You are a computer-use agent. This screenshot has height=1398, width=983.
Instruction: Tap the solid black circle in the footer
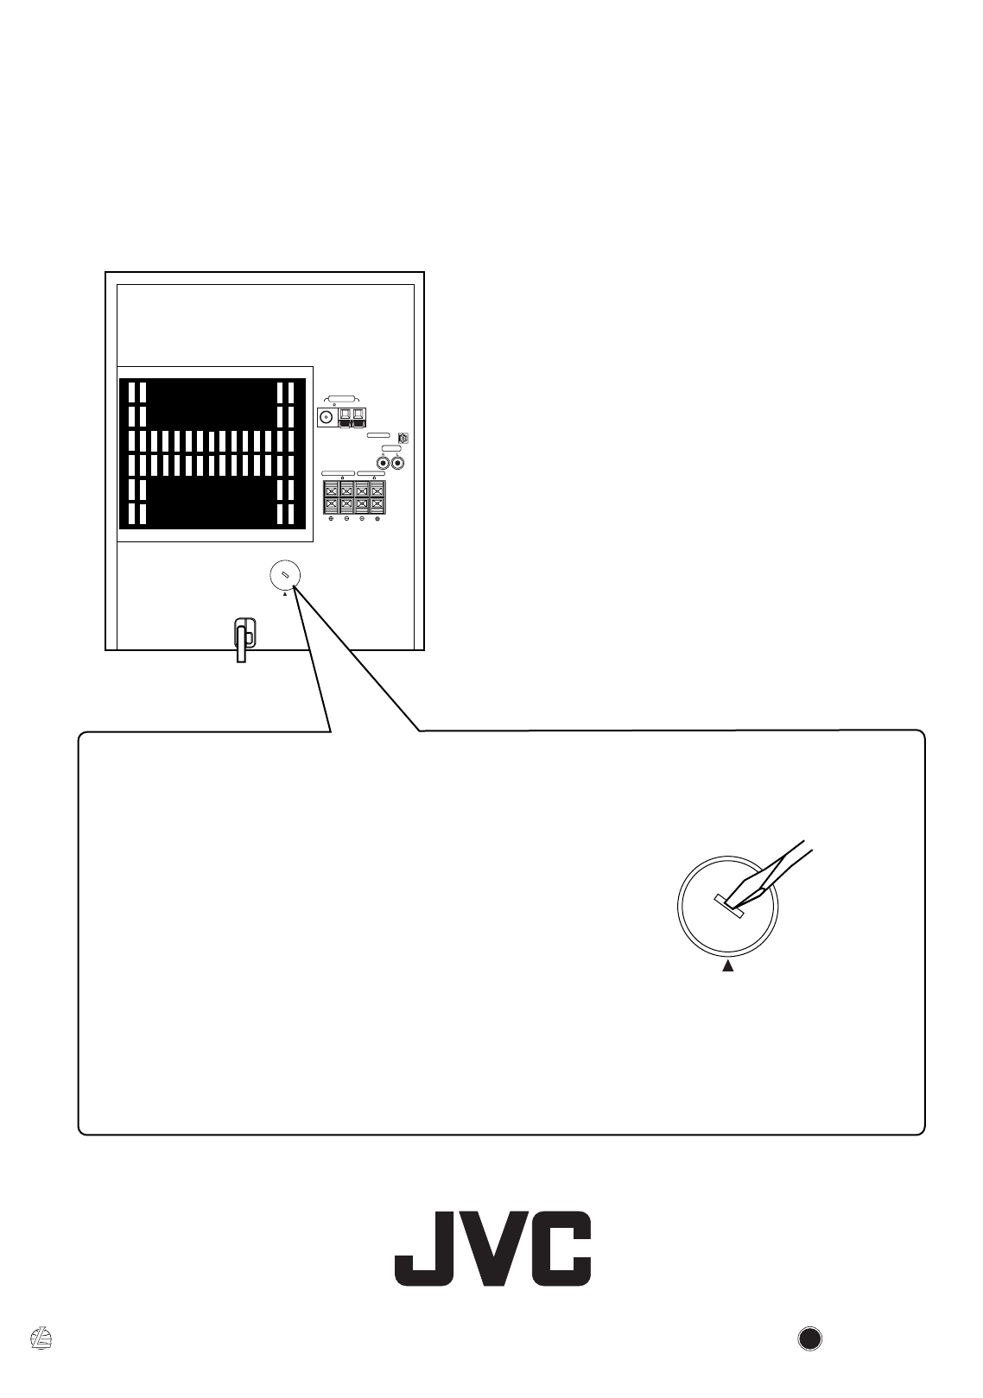point(809,1338)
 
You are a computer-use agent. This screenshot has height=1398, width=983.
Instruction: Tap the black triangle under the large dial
point(727,966)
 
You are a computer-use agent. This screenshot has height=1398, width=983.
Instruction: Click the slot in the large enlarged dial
point(730,905)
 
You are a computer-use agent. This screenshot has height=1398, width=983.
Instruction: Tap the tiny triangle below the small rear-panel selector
point(284,594)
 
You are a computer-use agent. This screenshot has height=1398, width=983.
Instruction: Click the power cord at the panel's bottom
point(244,640)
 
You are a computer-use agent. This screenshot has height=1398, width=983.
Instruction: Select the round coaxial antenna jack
point(327,418)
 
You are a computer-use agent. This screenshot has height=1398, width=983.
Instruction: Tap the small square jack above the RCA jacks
point(402,439)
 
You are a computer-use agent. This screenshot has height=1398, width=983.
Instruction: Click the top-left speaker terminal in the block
point(331,490)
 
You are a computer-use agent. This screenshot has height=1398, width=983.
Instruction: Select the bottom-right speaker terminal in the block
point(377,504)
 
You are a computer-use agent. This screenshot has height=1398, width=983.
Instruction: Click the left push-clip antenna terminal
point(345,418)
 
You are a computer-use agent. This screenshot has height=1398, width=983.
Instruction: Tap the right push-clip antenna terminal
point(358,418)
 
